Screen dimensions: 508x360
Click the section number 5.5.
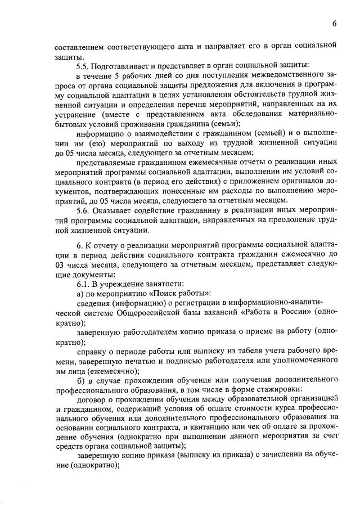83,66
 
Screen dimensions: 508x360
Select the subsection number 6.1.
83,284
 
